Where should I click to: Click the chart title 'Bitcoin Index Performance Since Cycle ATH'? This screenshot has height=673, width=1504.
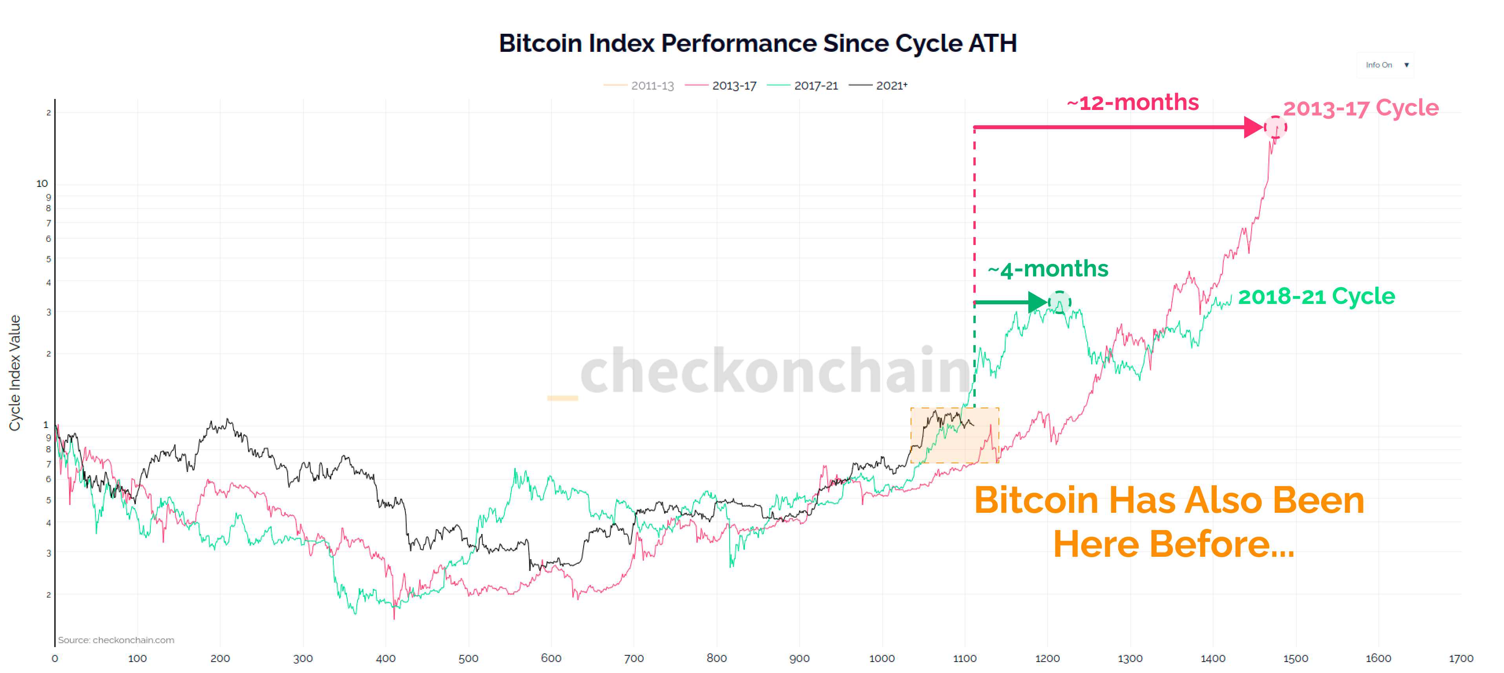pos(757,43)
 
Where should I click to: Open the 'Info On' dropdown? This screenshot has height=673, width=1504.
pos(1385,65)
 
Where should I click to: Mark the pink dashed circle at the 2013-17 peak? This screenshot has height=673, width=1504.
pos(1275,127)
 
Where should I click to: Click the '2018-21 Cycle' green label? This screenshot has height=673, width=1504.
pos(1316,296)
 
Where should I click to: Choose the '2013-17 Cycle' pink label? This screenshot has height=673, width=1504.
pos(1360,108)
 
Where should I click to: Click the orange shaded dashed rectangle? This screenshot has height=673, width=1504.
pos(955,435)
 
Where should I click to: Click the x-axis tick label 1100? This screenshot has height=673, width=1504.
pos(964,658)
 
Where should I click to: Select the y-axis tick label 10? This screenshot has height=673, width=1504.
pos(42,183)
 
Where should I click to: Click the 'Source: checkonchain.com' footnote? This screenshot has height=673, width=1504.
pos(116,640)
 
